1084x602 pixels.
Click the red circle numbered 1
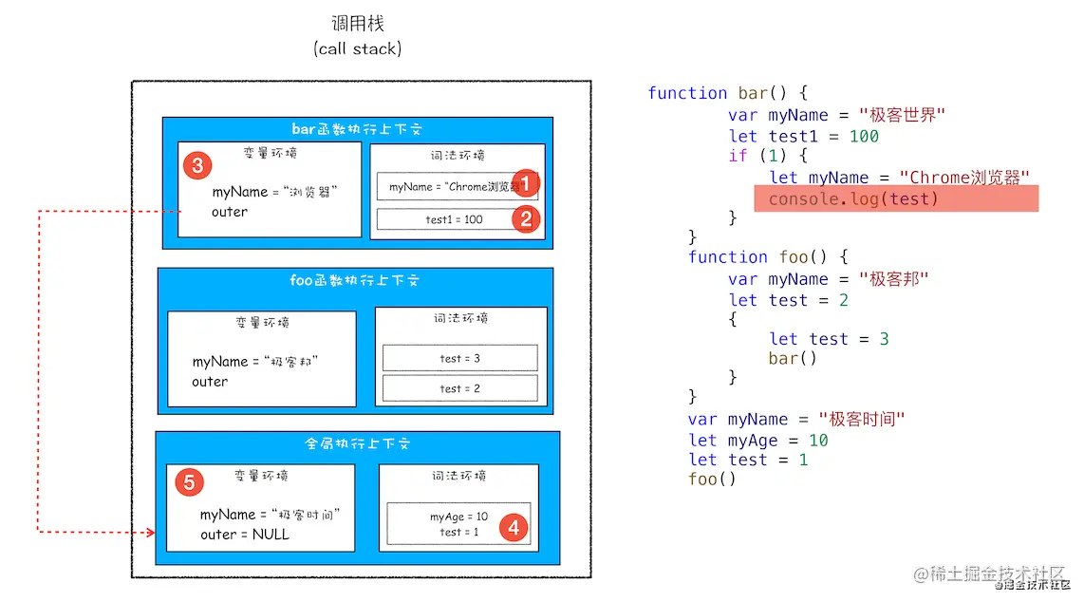[x=525, y=183]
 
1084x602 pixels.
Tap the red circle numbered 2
[x=525, y=219]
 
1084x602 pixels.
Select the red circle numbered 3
[x=196, y=165]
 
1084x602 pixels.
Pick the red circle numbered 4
[x=514, y=526]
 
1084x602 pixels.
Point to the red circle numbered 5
[x=189, y=482]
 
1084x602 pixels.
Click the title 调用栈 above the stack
[x=357, y=24]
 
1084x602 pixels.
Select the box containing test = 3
[x=459, y=358]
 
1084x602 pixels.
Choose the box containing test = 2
[x=459, y=388]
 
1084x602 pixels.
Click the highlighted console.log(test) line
[x=896, y=198]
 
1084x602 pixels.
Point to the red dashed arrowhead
[x=149, y=533]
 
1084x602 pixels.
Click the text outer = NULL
[x=244, y=535]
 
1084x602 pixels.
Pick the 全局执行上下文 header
[x=357, y=443]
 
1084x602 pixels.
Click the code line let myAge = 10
[x=758, y=441]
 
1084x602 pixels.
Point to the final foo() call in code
[x=712, y=479]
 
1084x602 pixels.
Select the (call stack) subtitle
[x=357, y=48]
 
